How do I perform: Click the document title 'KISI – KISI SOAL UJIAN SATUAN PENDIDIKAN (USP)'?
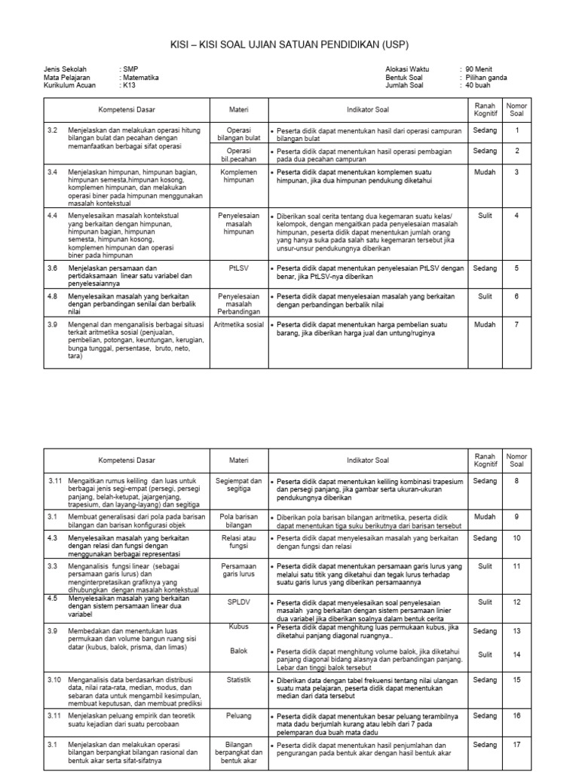(x=289, y=44)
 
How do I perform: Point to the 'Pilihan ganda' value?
(x=486, y=77)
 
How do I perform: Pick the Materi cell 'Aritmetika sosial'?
(x=238, y=324)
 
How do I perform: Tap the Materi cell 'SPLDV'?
(x=238, y=602)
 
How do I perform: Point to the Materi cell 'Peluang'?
(x=238, y=715)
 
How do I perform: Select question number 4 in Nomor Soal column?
(x=516, y=216)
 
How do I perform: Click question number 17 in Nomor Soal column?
(x=516, y=745)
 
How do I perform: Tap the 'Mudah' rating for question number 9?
(x=485, y=516)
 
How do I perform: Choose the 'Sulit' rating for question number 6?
(x=485, y=296)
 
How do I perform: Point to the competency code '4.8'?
(x=53, y=296)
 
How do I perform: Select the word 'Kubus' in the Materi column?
(x=238, y=626)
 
